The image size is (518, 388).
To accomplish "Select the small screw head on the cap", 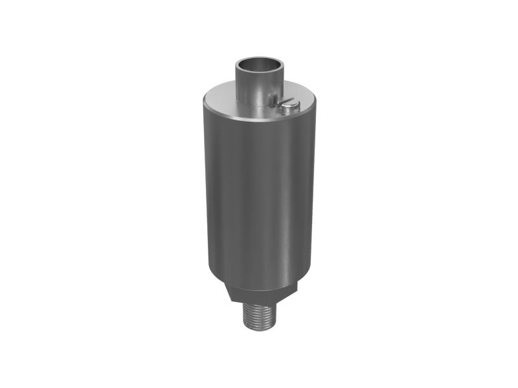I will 287,103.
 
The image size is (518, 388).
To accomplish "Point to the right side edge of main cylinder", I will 315,194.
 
